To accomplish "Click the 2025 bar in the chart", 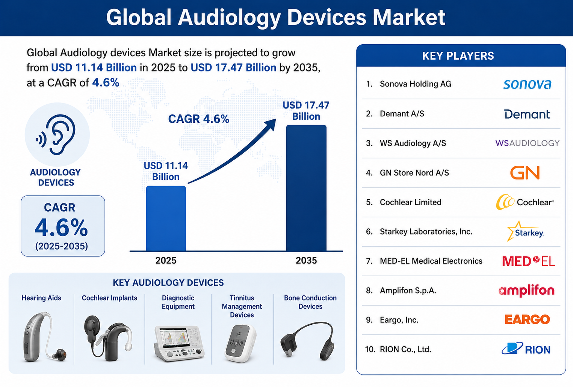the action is (166, 218).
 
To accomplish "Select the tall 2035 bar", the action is (306, 188).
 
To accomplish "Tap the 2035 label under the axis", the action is (306, 261).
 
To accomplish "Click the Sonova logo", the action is (527, 84).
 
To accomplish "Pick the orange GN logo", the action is (525, 173).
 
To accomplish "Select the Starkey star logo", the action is (525, 231).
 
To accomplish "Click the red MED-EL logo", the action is (529, 261).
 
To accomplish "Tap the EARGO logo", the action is (527, 319).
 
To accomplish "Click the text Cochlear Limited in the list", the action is (410, 202).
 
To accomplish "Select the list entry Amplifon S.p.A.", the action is (408, 291).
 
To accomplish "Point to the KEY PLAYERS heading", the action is (458, 56).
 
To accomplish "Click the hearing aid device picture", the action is (44, 337).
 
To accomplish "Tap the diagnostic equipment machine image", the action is (179, 343).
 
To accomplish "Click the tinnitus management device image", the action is (240, 343).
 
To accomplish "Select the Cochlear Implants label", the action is (109, 298).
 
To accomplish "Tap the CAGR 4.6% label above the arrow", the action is (198, 119).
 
